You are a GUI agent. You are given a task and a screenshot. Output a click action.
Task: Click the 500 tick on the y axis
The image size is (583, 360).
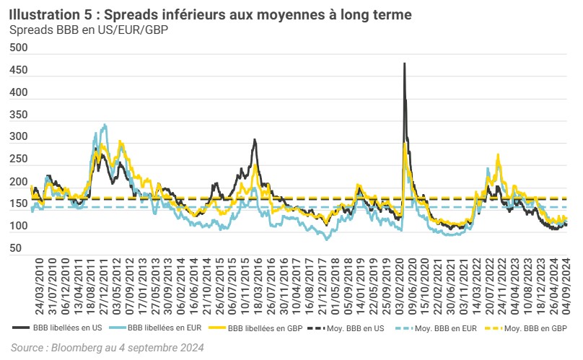(18, 48)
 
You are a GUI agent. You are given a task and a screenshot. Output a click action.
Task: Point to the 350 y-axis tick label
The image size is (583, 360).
(18, 115)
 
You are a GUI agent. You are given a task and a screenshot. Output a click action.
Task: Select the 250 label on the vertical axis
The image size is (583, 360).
(18, 159)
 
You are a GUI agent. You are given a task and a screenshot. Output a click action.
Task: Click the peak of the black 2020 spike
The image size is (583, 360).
(404, 63)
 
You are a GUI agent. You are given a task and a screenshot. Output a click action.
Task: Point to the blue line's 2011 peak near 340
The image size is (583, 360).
(105, 125)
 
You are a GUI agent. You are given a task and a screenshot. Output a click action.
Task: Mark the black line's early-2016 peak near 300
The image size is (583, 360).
(255, 140)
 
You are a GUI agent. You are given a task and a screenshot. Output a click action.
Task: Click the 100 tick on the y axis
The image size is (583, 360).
(18, 227)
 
